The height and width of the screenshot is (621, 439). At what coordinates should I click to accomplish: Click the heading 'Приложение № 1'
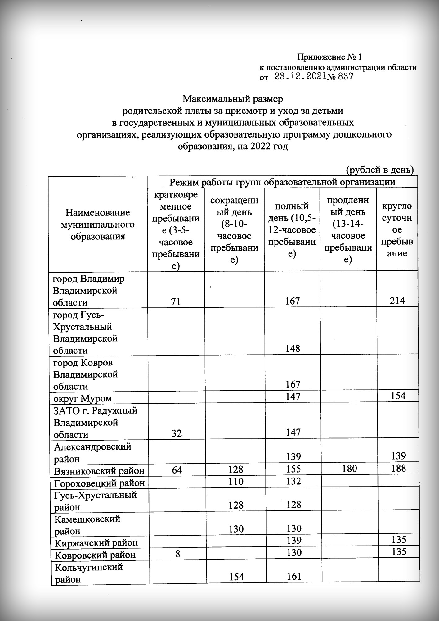point(329,57)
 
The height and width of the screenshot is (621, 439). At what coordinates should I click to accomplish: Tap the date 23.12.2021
point(300,77)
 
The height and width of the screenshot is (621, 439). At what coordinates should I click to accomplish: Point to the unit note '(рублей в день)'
point(380,170)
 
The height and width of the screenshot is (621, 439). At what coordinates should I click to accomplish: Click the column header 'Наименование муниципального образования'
point(98,224)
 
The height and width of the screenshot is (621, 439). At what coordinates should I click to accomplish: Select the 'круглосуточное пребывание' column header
point(397,230)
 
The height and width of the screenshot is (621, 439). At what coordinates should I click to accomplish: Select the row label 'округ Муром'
point(83,398)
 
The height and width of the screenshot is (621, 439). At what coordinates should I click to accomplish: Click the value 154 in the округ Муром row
point(398,396)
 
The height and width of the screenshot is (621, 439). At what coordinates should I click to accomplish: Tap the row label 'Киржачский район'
point(96,543)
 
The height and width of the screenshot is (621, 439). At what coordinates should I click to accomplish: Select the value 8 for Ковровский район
point(178,555)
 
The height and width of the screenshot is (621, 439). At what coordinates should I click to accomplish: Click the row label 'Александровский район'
point(92,452)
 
